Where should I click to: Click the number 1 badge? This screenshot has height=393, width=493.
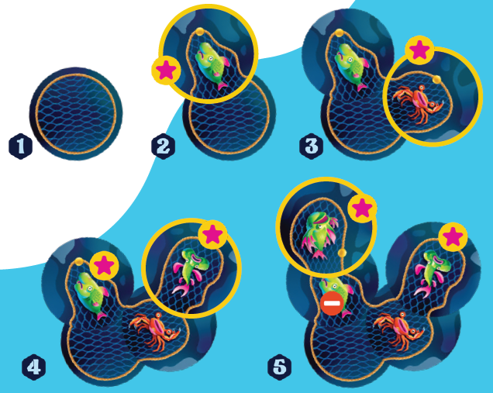(20, 147)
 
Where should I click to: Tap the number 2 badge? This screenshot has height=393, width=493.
(164, 147)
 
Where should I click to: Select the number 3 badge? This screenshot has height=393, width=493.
(312, 147)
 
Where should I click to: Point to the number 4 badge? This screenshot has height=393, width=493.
(34, 367)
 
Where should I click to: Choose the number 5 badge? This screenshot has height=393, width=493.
(280, 367)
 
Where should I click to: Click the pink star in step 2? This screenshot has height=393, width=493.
(166, 70)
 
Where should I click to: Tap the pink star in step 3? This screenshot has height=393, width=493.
(419, 50)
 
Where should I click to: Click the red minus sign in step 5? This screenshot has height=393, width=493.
(332, 303)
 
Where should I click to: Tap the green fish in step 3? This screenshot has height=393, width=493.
(351, 67)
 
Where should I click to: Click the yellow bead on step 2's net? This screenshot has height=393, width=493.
(200, 32)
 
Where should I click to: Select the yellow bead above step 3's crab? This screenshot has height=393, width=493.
(436, 80)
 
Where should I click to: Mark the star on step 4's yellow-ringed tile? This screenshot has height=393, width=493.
(213, 235)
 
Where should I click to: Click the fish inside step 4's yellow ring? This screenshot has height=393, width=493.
(188, 271)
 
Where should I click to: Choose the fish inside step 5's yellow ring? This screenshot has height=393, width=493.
(319, 234)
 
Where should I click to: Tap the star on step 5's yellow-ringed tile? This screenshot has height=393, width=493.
(362, 209)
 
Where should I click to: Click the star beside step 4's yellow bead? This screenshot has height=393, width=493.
(104, 266)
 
